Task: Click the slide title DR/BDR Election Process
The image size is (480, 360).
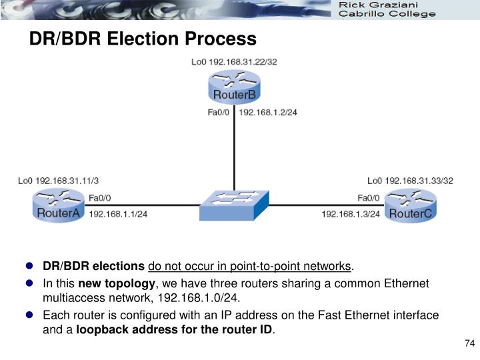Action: pos(142,39)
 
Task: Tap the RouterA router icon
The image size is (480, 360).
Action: pos(58,206)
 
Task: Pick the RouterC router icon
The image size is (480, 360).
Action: pos(410,205)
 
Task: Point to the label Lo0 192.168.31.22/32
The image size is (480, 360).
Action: pos(234,62)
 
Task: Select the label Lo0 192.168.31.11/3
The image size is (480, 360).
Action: pos(59,180)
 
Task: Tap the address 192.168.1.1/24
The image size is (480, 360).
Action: pos(118,214)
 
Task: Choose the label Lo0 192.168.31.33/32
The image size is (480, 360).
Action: pos(410,180)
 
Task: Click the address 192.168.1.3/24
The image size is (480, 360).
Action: pos(351,214)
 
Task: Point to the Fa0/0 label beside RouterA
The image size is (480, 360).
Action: pos(100,197)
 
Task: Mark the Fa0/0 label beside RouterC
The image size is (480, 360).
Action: pos(369,197)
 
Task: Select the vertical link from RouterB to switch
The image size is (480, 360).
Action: pos(233,153)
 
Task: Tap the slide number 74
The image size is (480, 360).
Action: pos(468,343)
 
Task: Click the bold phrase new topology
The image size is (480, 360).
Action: pos(117,283)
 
